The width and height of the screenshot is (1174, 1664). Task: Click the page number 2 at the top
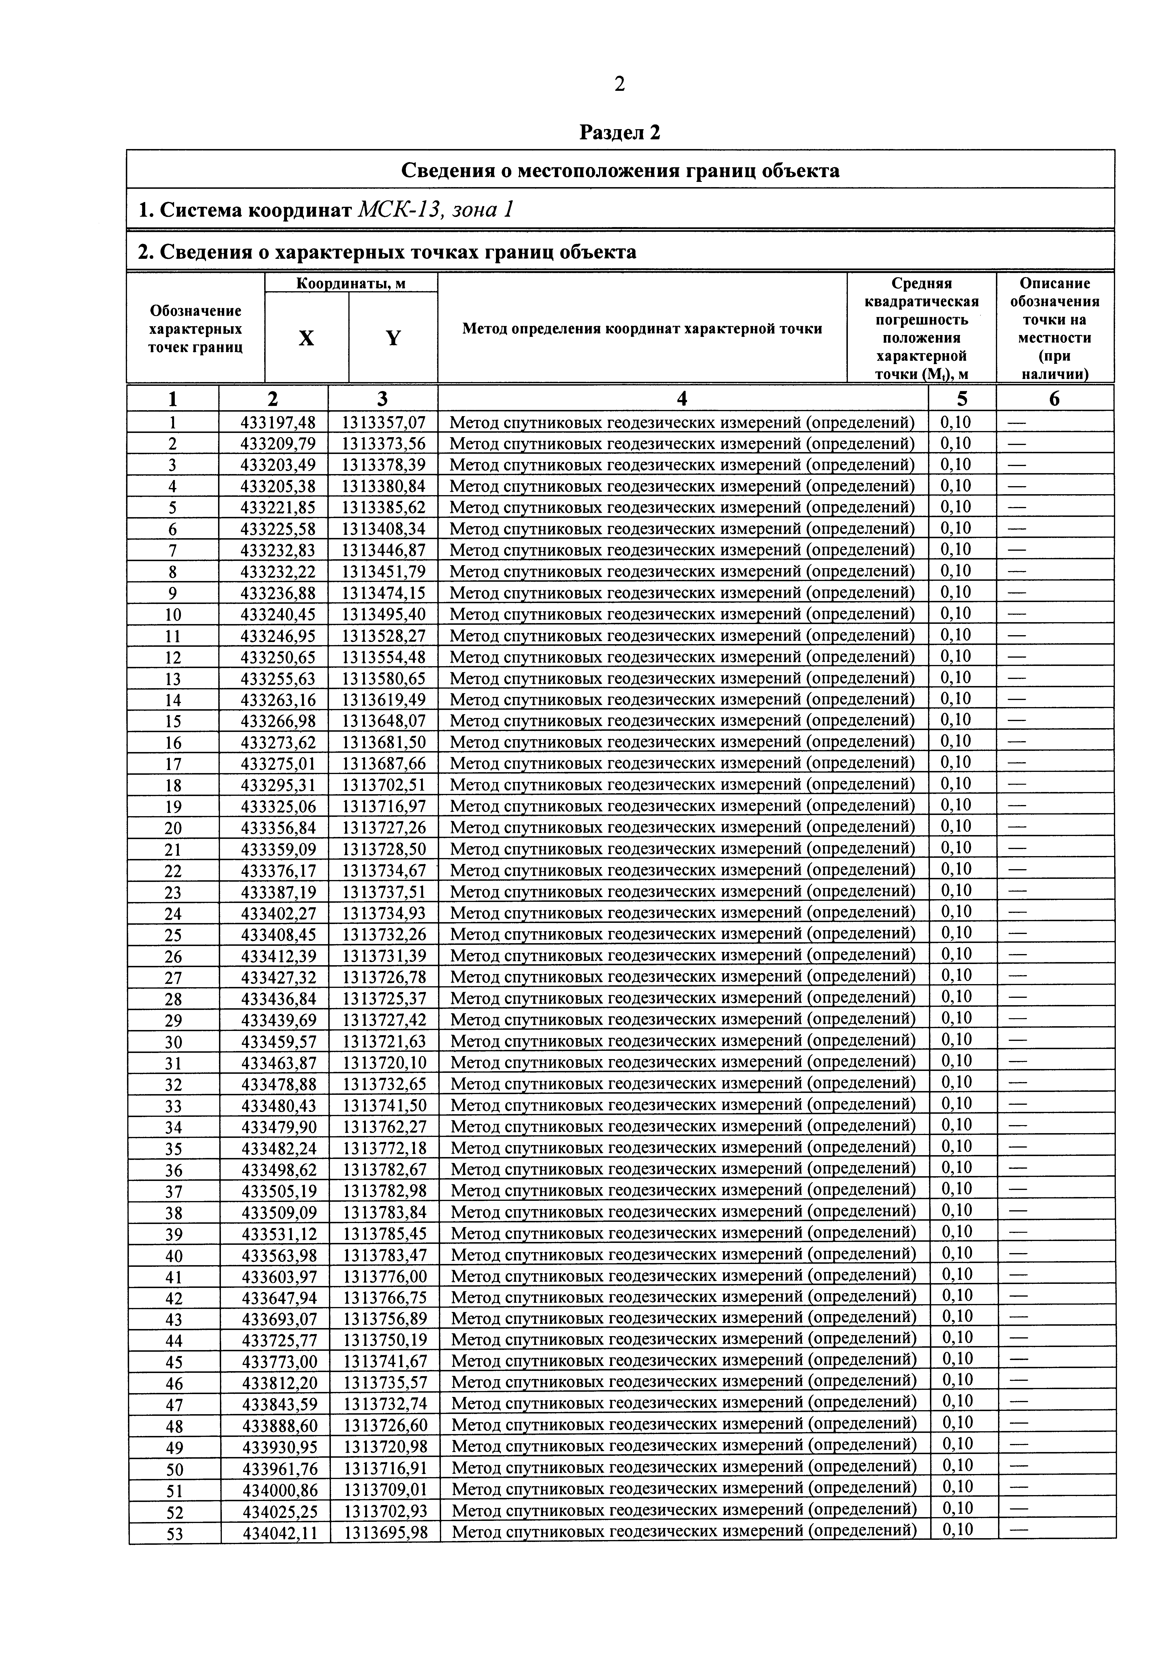point(619,85)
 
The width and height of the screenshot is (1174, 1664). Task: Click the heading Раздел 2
point(620,133)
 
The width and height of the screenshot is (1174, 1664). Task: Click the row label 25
point(173,935)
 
